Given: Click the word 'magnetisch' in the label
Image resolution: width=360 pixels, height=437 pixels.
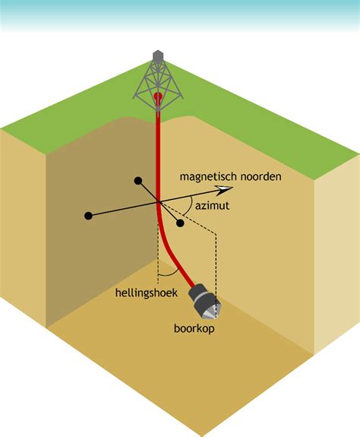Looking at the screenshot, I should tap(207, 176).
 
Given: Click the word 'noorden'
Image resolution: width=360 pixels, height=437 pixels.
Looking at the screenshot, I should tap(259, 176).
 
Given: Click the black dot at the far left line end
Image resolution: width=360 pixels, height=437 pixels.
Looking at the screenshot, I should tap(88, 215).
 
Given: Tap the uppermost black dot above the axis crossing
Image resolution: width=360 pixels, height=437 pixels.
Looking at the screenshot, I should tap(137, 181).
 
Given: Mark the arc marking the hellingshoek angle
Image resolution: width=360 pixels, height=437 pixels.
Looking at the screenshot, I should tap(169, 273).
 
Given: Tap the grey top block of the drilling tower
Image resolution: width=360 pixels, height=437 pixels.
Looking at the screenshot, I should tap(157, 57).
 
